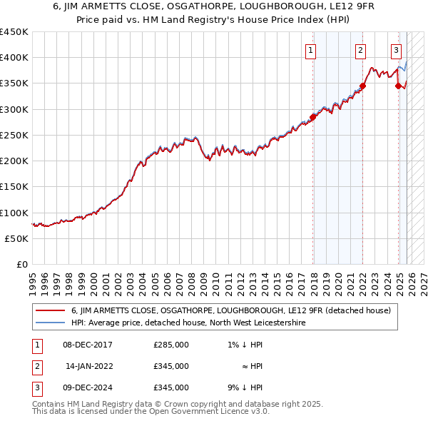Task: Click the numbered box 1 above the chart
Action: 312,50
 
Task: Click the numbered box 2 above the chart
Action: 361,50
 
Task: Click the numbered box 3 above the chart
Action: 396,50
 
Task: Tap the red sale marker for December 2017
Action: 312,117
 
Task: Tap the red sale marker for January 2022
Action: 362,86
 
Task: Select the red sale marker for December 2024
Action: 398,86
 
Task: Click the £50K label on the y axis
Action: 17,239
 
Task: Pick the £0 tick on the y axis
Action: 21,265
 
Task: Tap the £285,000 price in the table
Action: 171,345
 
